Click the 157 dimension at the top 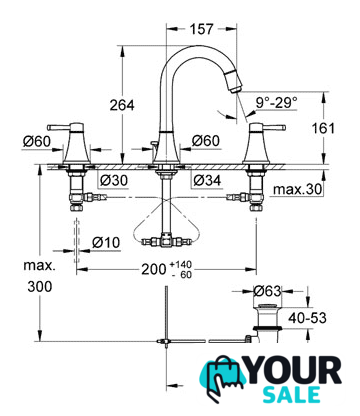click(201, 29)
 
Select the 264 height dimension click(122, 105)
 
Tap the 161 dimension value click(323, 128)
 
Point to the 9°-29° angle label click(276, 103)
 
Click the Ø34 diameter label click(207, 180)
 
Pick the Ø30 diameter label click(114, 180)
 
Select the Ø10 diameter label click(106, 242)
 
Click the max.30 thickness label click(298, 189)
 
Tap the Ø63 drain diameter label click(267, 291)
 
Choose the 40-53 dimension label click(307, 318)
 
